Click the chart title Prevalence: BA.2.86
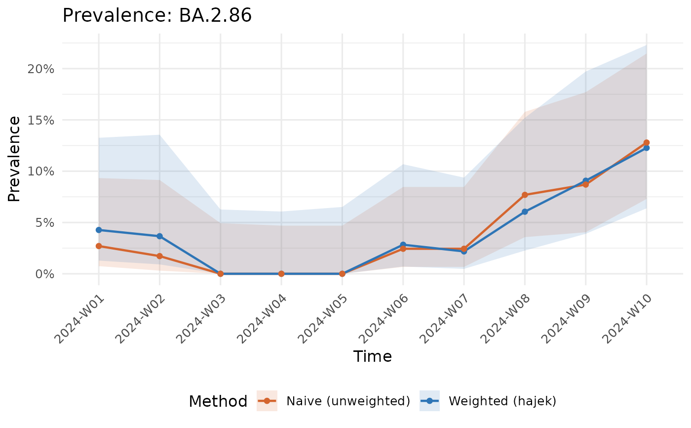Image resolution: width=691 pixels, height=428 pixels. (x=157, y=16)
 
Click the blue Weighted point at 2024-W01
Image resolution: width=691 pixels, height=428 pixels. (x=99, y=230)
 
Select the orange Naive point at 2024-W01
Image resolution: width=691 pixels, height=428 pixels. (x=99, y=246)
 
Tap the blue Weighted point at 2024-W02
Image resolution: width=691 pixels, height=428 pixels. (x=159, y=236)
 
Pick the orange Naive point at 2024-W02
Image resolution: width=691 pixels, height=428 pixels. (x=159, y=256)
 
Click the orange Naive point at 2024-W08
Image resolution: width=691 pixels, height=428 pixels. (x=525, y=195)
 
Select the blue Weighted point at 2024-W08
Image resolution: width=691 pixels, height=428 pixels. (x=525, y=212)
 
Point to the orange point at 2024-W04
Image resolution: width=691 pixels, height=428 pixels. (x=281, y=273)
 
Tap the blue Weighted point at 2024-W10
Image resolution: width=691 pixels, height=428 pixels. (x=647, y=148)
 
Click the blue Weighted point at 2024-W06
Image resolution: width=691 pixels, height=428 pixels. (x=403, y=245)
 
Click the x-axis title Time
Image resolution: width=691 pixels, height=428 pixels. (x=372, y=356)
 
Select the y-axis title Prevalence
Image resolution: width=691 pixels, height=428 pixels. (x=15, y=158)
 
